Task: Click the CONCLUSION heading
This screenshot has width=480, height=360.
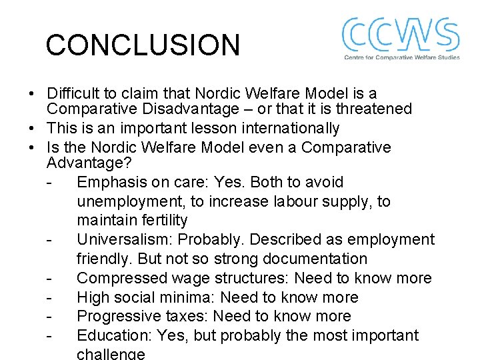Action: (x=142, y=45)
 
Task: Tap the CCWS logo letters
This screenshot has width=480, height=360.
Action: (x=400, y=35)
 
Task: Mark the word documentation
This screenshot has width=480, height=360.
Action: (x=313, y=259)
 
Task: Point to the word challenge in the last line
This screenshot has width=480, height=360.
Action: (x=111, y=354)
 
